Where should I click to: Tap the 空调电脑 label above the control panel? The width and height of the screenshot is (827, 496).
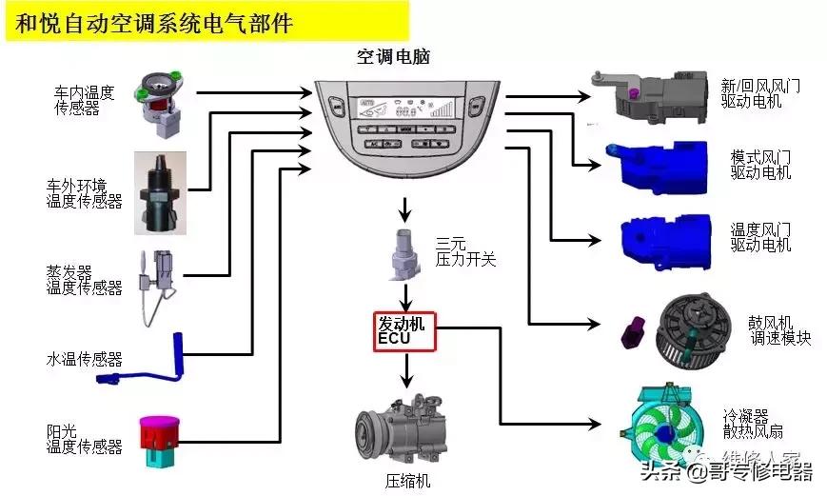[x=393, y=57]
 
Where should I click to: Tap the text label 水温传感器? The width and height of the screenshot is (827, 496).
[x=85, y=359]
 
